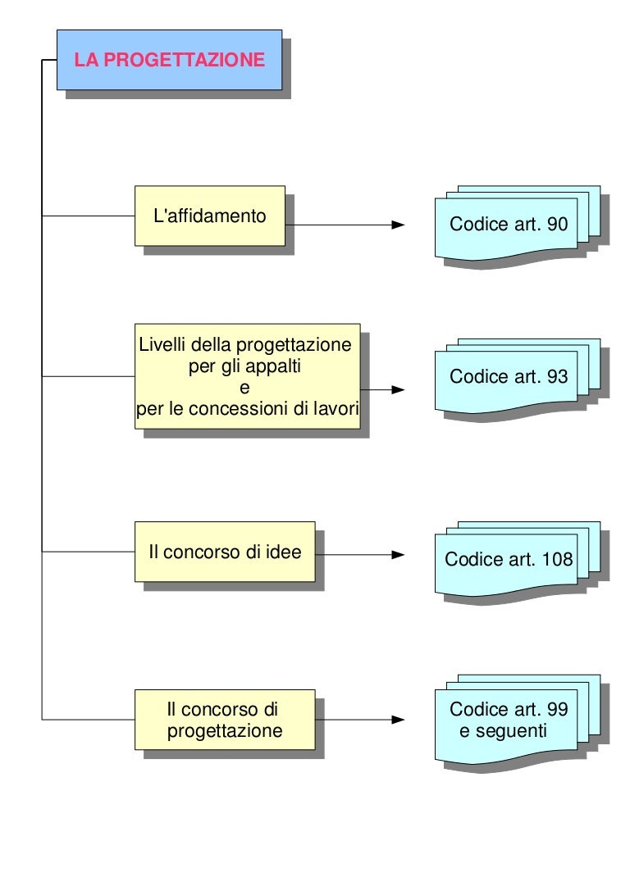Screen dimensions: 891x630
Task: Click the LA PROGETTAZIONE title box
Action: pyautogui.click(x=169, y=60)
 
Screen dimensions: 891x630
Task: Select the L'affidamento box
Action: pyautogui.click(x=210, y=216)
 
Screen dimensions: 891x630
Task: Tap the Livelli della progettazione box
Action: pyautogui.click(x=247, y=376)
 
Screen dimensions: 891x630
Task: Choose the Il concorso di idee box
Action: pyautogui.click(x=225, y=552)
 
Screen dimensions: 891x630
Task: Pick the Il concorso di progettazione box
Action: pyautogui.click(x=225, y=719)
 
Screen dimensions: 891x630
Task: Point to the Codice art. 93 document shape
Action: pyautogui.click(x=509, y=378)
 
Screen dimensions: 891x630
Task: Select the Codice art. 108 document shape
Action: pyautogui.click(x=509, y=561)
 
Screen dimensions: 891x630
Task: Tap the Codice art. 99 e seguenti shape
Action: pyautogui.click(x=509, y=720)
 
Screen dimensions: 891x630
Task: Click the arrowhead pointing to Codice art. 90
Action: pyautogui.click(x=399, y=225)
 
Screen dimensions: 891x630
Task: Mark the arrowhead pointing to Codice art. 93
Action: pyautogui.click(x=399, y=390)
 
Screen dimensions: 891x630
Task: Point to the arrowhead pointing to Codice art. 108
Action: pyautogui.click(x=399, y=555)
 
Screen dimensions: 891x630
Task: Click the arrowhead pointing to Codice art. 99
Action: pyautogui.click(x=399, y=720)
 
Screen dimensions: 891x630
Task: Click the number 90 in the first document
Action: pyautogui.click(x=557, y=225)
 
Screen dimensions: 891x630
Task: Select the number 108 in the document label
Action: pyautogui.click(x=558, y=560)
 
